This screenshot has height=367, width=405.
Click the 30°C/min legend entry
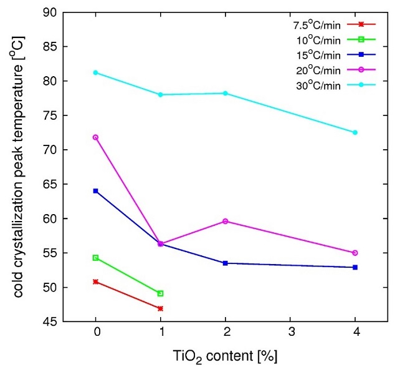317,85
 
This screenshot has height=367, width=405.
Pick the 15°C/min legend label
317,55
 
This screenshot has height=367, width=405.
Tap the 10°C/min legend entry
317,40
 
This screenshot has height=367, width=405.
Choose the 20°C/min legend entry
317,70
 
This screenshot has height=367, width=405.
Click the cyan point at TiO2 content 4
355,132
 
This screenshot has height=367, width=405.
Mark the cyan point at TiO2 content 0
96,72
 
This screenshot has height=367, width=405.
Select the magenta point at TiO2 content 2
226,221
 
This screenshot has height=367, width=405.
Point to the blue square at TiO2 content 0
96,190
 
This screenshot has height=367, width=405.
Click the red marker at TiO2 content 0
96,281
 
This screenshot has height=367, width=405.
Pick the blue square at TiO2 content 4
355,267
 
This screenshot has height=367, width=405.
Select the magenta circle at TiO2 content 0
96,137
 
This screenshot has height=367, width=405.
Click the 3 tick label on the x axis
290,335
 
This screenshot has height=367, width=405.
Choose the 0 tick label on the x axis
96,335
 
